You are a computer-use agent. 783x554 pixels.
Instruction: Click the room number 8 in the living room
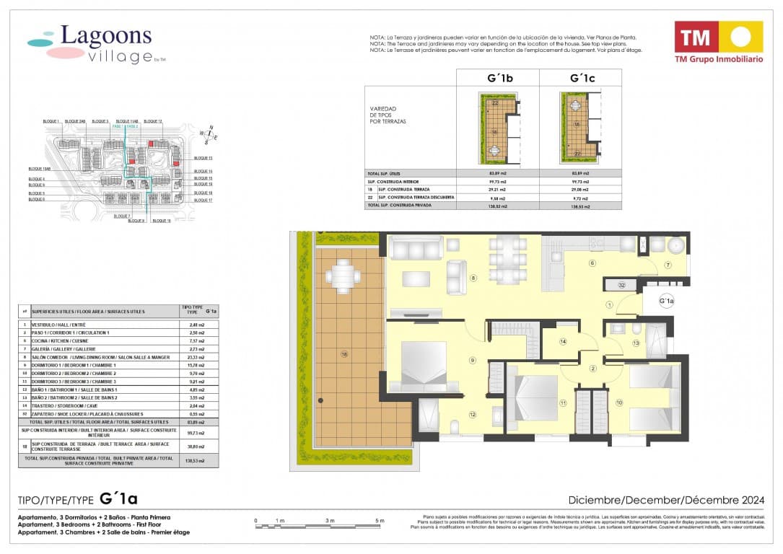pos(473,278)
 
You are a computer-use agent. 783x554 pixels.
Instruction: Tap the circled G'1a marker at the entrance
pos(666,301)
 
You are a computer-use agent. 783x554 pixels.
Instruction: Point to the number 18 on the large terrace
pos(344,354)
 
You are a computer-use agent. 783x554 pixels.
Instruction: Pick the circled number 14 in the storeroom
pos(563,341)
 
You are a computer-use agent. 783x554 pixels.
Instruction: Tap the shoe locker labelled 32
pos(621,286)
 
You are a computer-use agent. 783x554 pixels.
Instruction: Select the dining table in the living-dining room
pos(507,260)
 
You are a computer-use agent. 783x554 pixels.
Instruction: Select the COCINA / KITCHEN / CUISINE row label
pos(62,340)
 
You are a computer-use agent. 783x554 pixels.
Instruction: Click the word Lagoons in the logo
pos(105,36)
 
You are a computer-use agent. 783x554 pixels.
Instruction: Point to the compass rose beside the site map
pos(210,135)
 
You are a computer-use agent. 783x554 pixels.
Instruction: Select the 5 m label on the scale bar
pos(380,520)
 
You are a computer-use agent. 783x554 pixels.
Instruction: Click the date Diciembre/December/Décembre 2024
pos(665,500)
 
